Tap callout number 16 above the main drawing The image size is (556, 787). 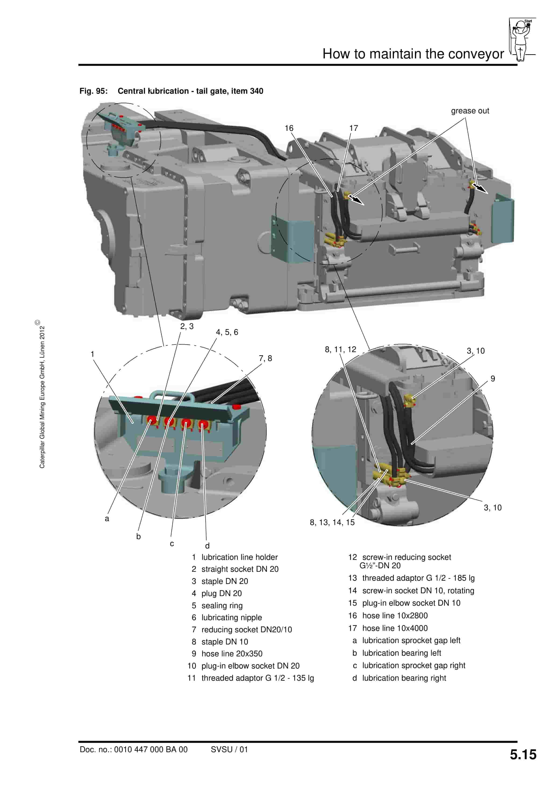click(289, 128)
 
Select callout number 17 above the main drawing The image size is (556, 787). click(353, 128)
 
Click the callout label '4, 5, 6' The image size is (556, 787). click(227, 332)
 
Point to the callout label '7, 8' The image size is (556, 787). click(265, 358)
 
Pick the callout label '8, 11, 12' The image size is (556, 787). click(340, 349)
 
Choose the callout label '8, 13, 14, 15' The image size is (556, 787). click(332, 522)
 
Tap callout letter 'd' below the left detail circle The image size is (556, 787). click(207, 546)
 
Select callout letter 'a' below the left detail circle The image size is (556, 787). click(107, 519)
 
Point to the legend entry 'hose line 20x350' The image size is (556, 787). click(232, 654)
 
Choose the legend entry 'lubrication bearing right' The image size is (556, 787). click(404, 678)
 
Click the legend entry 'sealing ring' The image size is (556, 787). click(222, 605)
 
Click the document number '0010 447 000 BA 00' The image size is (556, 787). click(151, 750)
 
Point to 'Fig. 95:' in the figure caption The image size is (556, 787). click(94, 91)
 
